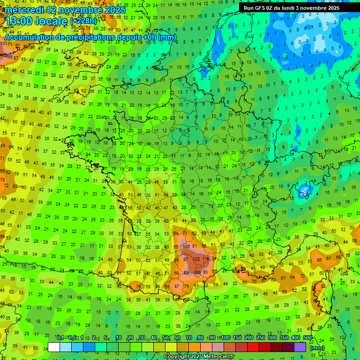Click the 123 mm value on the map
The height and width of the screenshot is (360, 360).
click(196, 259)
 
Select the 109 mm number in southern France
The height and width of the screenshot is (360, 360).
click(197, 272)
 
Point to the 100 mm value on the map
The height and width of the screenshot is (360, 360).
click(187, 246)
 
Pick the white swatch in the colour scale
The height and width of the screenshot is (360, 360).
click(54, 347)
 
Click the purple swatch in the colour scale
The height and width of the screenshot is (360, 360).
click(300, 347)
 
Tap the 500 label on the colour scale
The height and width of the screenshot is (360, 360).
click(307, 338)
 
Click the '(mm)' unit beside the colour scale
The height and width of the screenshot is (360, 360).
click(317, 348)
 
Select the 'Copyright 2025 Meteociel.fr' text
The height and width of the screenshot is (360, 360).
click(199, 356)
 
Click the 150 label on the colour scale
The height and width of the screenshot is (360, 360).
click(237, 338)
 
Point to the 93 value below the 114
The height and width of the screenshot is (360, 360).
click(206, 272)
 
